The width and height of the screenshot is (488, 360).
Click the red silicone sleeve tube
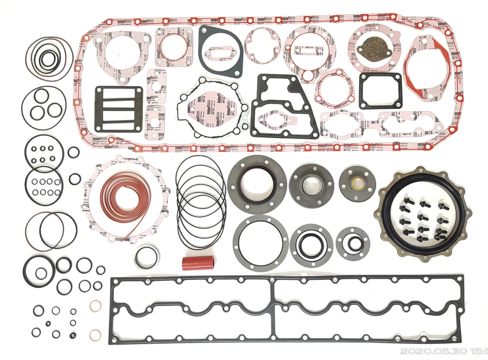point(198,263)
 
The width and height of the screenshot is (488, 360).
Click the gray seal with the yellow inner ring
point(357,183)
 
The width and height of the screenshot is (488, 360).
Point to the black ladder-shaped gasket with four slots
point(119,109)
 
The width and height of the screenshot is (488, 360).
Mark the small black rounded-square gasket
point(380,90)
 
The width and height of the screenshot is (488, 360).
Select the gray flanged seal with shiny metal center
point(311,186)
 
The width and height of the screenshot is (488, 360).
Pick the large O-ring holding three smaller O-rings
point(43,108)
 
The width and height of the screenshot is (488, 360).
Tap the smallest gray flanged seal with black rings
point(353,243)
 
